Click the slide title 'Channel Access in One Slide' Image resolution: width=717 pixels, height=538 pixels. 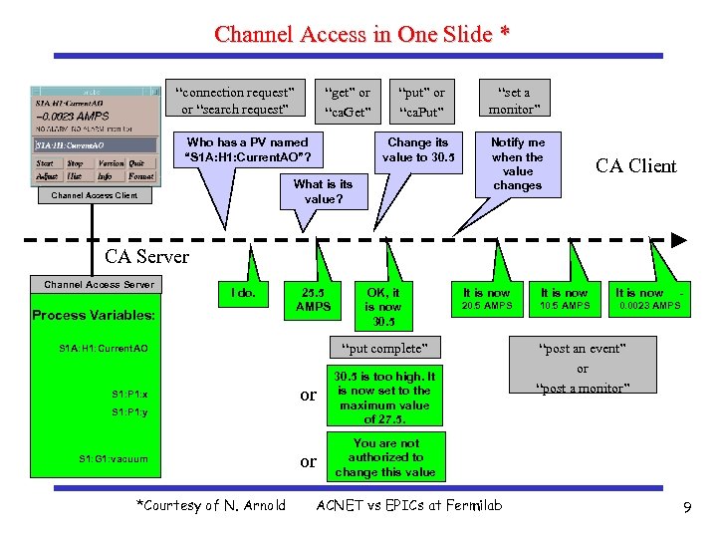[362, 34]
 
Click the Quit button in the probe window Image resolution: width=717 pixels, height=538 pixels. [136, 163]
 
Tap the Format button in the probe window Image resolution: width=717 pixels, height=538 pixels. [140, 176]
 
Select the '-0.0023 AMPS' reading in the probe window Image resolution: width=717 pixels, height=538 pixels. [73, 116]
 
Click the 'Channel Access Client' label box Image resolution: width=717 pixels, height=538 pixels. [95, 195]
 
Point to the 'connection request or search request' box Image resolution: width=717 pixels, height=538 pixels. [235, 101]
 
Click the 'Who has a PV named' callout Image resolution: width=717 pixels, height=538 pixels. [248, 150]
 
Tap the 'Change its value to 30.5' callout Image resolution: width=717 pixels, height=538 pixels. [417, 150]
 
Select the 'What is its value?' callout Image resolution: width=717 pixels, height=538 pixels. [323, 191]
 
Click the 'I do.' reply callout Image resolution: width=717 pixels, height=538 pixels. [243, 293]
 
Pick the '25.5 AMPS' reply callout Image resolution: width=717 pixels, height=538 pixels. [315, 300]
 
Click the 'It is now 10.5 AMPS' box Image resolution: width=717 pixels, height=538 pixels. [564, 299]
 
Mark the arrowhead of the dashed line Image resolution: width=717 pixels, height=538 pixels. [679, 240]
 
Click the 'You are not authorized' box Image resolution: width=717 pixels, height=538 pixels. [385, 457]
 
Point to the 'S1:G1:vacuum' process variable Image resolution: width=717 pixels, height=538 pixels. [113, 458]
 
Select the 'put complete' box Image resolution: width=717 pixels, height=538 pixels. [383, 349]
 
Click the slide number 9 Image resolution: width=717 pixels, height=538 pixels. [687, 508]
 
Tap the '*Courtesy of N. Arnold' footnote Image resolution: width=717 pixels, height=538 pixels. [211, 505]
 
